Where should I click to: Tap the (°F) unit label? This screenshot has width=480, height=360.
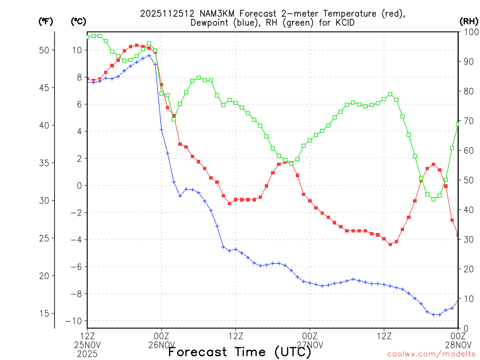point(45,21)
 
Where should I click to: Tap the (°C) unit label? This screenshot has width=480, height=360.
point(78,21)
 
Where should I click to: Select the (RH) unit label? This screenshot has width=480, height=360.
point(468,21)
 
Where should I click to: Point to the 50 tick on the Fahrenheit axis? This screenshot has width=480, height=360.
point(46,50)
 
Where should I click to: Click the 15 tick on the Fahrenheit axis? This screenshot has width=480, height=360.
point(46,313)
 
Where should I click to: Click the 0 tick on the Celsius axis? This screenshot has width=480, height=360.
point(79,186)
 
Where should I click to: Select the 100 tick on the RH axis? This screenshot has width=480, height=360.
point(469,32)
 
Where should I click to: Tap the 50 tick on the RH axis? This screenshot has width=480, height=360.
point(467,180)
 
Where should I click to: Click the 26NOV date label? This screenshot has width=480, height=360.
point(162,345)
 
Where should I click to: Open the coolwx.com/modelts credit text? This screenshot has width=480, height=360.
point(431,354)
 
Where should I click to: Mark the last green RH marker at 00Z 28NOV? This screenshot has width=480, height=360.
point(458,124)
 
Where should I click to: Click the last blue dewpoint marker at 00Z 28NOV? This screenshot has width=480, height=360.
point(458,301)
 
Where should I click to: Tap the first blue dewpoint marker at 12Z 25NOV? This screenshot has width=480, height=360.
point(88,82)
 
